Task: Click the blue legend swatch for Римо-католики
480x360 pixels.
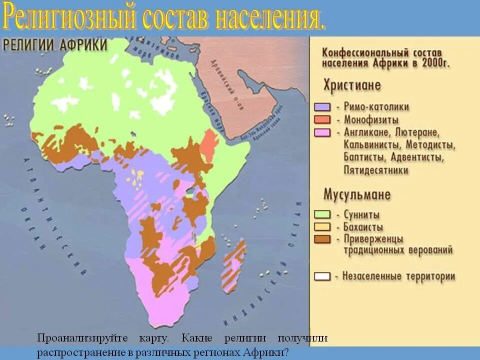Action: [x=322, y=107]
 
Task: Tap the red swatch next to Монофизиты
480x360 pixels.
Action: [x=322, y=120]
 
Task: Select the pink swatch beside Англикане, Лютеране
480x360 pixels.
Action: [x=322, y=132]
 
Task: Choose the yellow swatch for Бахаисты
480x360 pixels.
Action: [x=322, y=227]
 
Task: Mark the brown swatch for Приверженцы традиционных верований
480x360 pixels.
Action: [x=322, y=239]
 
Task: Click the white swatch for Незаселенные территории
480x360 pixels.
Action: [x=322, y=276]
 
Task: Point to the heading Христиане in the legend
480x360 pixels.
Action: [x=352, y=85]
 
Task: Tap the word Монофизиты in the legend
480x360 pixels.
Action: [x=371, y=120]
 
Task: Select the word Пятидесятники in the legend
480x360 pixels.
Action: [x=376, y=170]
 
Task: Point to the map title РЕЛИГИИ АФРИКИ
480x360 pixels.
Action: [x=55, y=45]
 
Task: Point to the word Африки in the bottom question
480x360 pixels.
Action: [x=263, y=352]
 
